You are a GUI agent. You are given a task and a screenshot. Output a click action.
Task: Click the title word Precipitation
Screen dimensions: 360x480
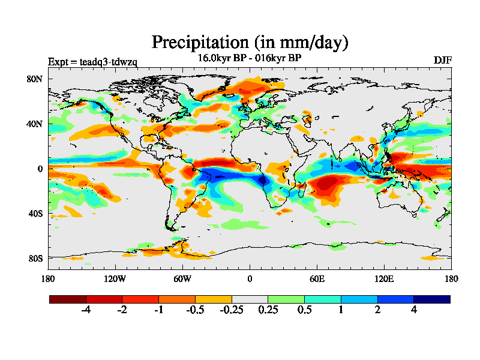click(200, 42)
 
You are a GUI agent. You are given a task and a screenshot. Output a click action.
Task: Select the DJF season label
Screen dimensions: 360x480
click(443, 60)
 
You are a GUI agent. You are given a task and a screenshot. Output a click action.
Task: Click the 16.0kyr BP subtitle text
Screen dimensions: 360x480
click(221, 58)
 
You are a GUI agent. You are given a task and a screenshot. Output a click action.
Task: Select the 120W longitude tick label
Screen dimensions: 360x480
click(115, 278)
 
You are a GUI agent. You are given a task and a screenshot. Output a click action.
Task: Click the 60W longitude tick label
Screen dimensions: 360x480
click(182, 278)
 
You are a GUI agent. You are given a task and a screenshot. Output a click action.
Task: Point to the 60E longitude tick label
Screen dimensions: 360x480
click(317, 278)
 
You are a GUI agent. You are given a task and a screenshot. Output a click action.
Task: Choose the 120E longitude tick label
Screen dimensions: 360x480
click(384, 278)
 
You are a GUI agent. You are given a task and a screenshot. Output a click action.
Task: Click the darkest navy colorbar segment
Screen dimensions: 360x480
click(431, 299)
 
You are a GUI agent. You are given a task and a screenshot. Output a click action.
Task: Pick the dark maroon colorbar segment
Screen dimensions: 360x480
click(68, 299)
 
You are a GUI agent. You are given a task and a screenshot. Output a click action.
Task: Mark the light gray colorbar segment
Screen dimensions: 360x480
click(250, 299)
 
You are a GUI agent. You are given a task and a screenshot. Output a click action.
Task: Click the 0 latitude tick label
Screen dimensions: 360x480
click(40, 169)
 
